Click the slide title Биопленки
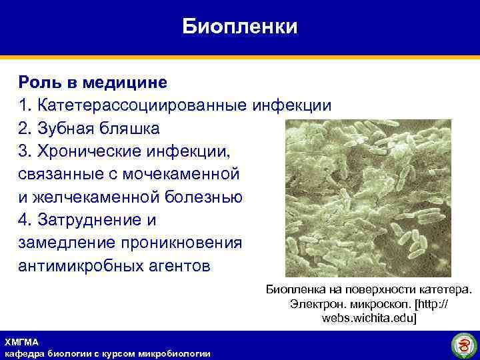coord(240,27)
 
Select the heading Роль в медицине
coord(93,83)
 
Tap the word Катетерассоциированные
coord(143,105)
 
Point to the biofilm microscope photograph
coord(368,198)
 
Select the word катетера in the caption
coord(446,289)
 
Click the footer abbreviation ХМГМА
coord(21,341)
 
